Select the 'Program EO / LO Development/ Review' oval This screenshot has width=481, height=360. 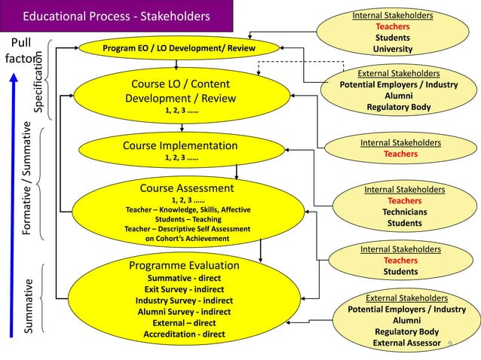tap(179, 49)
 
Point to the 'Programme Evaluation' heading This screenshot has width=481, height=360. tap(184, 265)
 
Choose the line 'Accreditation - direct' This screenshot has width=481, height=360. tap(184, 334)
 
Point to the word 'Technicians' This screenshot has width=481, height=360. tap(404, 212)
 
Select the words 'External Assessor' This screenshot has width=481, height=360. tap(406, 343)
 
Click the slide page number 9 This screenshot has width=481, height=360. tap(450, 344)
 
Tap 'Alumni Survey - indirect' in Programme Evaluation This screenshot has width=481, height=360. tap(184, 312)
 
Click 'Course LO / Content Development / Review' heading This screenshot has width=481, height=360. tap(177, 91)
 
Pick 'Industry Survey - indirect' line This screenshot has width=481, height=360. tap(184, 301)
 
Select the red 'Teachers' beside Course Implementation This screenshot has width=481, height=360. tap(400, 154)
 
